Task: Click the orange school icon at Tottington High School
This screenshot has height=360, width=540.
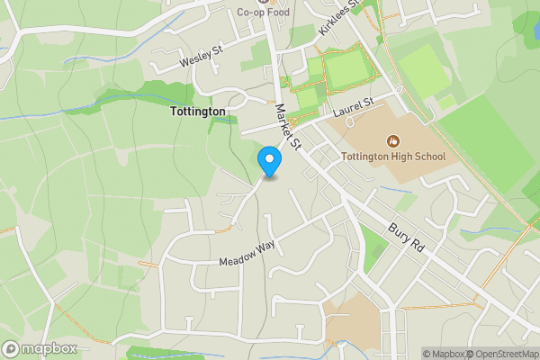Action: pyautogui.click(x=392, y=140)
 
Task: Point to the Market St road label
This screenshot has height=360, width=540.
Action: pyautogui.click(x=291, y=126)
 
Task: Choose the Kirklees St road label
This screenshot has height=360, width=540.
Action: pyautogui.click(x=338, y=18)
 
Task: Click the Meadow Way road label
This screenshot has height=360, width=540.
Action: pyautogui.click(x=247, y=254)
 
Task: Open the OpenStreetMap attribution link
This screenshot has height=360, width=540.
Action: pyautogui.click(x=507, y=354)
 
